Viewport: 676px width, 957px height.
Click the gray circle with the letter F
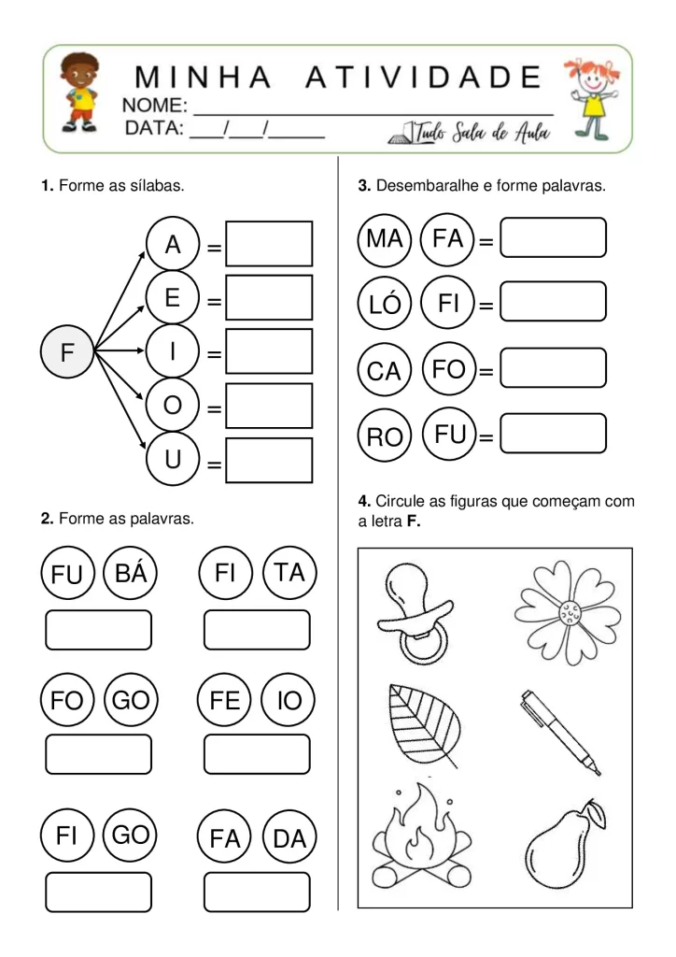pos(66,352)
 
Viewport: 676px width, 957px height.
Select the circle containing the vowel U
pos(173,460)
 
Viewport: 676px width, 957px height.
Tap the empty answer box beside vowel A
pos(269,245)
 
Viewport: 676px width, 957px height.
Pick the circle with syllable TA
pos(289,573)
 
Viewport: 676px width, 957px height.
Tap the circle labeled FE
pos(225,700)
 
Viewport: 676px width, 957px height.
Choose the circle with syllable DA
pos(289,838)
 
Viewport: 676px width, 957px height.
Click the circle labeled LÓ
pos(385,304)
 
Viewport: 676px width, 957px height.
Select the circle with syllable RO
pos(385,436)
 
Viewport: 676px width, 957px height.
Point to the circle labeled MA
pos(385,239)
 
